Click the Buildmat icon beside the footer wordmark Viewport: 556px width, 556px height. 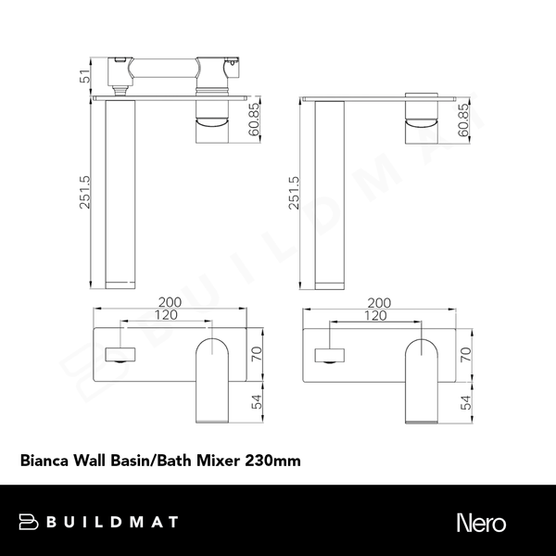point(28,523)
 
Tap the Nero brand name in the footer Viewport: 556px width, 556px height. point(481,523)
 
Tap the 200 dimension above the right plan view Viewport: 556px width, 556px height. point(380,303)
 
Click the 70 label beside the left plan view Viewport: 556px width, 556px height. point(257,352)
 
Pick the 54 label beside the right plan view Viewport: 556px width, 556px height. point(466,400)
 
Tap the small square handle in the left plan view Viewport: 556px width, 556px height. point(121,353)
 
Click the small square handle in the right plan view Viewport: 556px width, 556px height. point(329,353)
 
